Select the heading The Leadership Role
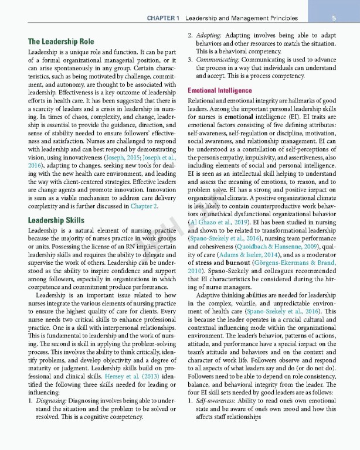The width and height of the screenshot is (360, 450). click(x=61, y=42)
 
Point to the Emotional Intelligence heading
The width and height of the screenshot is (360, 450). click(x=219, y=91)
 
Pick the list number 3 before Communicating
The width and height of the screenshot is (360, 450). click(x=190, y=60)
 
